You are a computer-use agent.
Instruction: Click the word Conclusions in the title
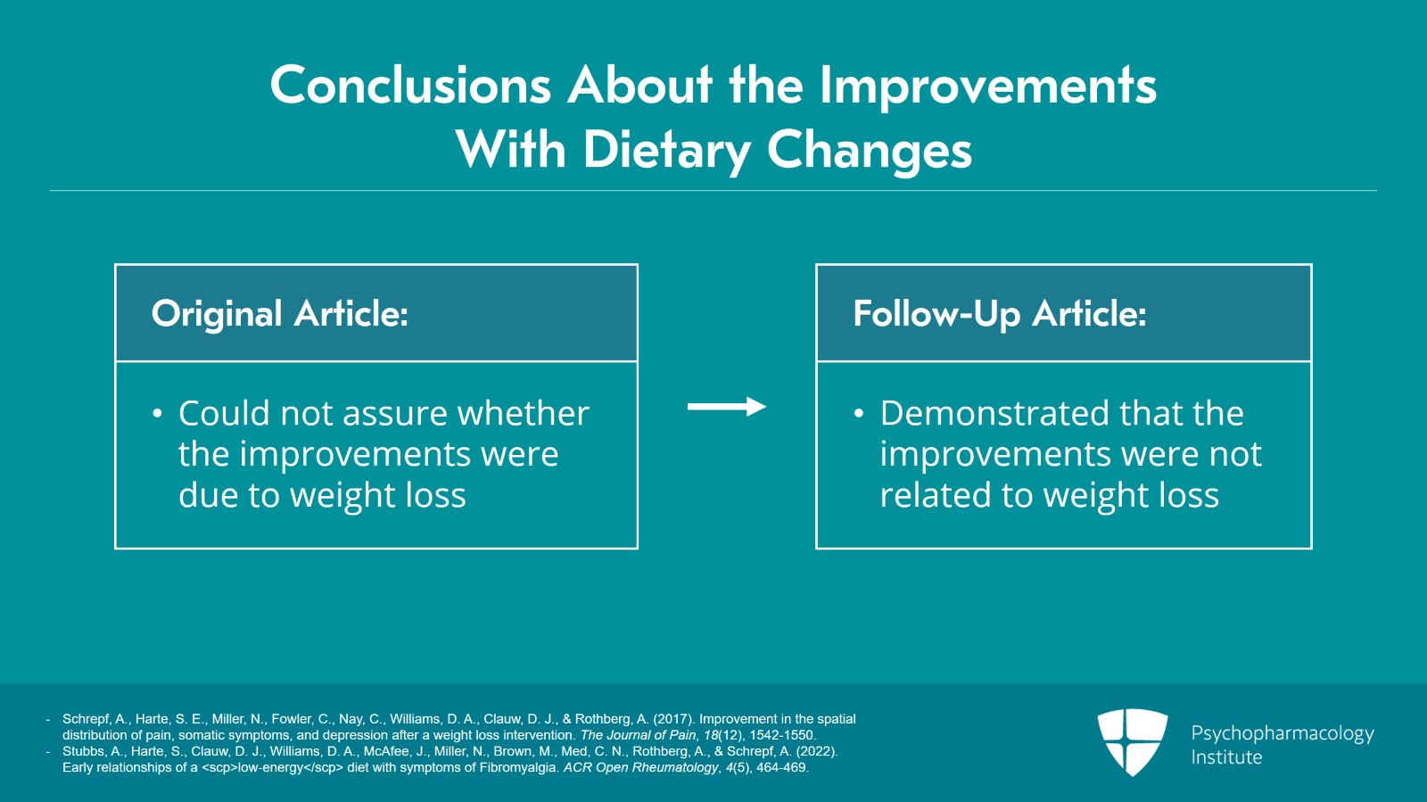pyautogui.click(x=410, y=86)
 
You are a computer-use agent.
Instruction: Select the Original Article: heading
pyautogui.click(x=280, y=314)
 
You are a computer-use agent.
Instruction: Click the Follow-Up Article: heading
pyautogui.click(x=1000, y=314)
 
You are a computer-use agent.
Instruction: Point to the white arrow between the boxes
pyautogui.click(x=727, y=407)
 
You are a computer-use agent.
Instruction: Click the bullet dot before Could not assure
pyautogui.click(x=158, y=414)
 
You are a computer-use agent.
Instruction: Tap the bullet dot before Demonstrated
pyautogui.click(x=859, y=414)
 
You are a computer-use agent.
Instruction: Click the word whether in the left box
pyautogui.click(x=523, y=413)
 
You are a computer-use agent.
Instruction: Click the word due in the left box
pyautogui.click(x=209, y=495)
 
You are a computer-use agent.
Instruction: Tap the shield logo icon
pyautogui.click(x=1133, y=742)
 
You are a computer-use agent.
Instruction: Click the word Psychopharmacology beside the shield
pyautogui.click(x=1283, y=734)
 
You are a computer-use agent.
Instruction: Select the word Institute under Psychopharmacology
pyautogui.click(x=1226, y=757)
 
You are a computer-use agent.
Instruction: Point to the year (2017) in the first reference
pyautogui.click(x=674, y=719)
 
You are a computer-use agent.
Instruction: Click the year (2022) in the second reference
pyautogui.click(x=817, y=752)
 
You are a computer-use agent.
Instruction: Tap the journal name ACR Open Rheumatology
pyautogui.click(x=640, y=767)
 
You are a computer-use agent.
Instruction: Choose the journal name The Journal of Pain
pyautogui.click(x=638, y=735)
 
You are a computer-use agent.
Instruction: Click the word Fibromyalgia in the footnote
pyautogui.click(x=518, y=767)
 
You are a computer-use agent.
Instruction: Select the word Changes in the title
pyautogui.click(x=870, y=153)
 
